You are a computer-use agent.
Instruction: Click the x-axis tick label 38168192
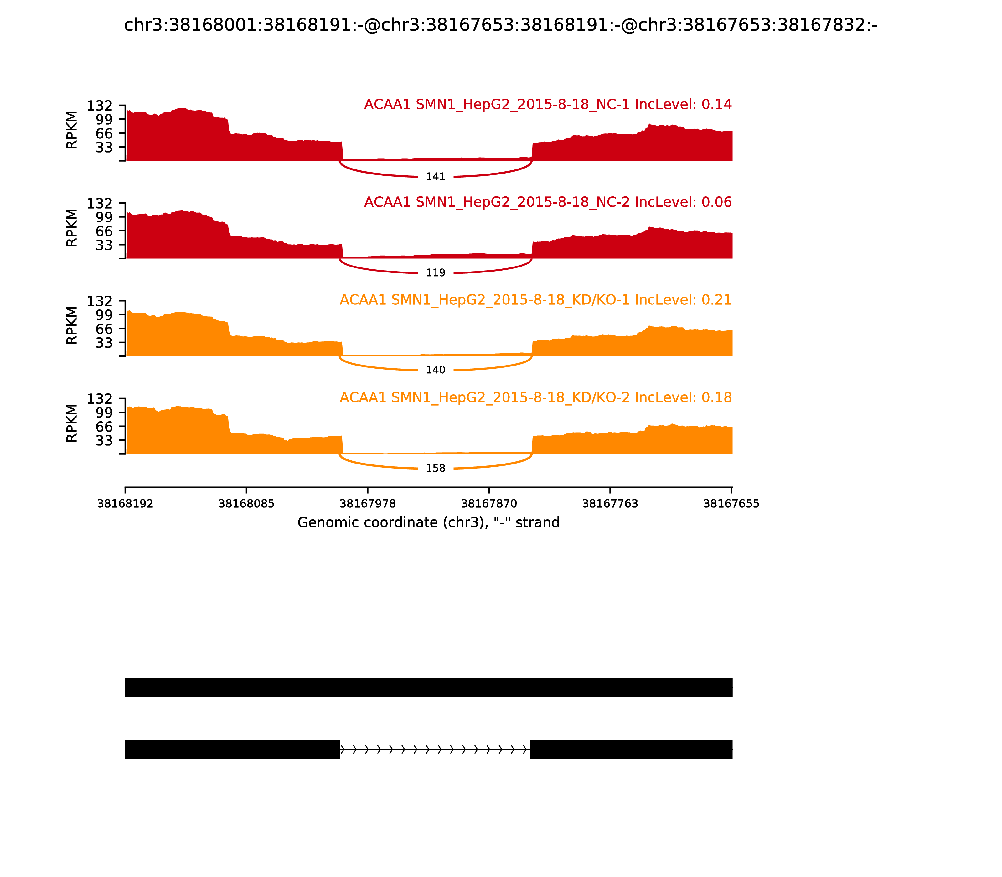125,504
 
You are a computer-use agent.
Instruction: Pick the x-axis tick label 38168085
246,504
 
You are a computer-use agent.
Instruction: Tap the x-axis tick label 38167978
367,504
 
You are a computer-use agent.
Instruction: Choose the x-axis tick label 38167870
489,504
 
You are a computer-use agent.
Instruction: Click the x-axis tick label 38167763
610,504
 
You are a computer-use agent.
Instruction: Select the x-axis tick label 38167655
731,504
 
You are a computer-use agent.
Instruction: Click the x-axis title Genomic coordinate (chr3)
428,523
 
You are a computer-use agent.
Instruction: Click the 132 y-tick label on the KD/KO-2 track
99,399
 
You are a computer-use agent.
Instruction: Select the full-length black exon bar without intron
429,687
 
